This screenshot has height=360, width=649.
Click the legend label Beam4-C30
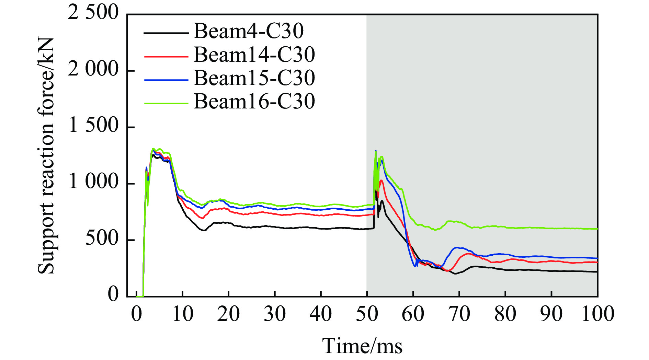coord(249,31)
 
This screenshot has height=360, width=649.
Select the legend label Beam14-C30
coord(254,55)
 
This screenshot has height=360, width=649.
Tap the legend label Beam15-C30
coord(254,78)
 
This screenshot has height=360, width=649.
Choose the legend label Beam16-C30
coord(254,101)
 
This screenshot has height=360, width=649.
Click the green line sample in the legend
coord(166,103)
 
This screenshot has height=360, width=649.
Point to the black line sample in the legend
coord(166,33)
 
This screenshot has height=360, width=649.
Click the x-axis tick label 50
coord(367,314)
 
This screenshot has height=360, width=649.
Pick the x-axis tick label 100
coord(598,314)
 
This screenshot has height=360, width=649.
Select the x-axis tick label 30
coord(275,314)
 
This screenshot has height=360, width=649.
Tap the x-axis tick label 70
coord(459,314)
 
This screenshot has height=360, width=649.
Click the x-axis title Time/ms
coord(362,346)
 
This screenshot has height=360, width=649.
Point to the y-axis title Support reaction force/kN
coord(46,156)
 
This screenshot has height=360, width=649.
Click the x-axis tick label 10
coord(182,314)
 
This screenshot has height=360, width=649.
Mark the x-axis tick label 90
coord(551,314)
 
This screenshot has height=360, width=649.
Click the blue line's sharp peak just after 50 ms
coord(376,151)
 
